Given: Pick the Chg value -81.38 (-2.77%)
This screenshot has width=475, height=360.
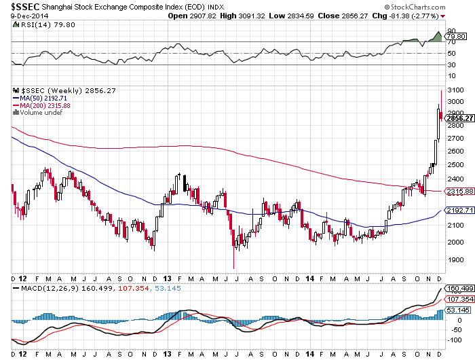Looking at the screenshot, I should (414, 15).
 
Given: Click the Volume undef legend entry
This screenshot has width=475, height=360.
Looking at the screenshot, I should (39, 112).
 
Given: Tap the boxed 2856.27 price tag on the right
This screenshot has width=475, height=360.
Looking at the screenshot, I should (459, 118).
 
